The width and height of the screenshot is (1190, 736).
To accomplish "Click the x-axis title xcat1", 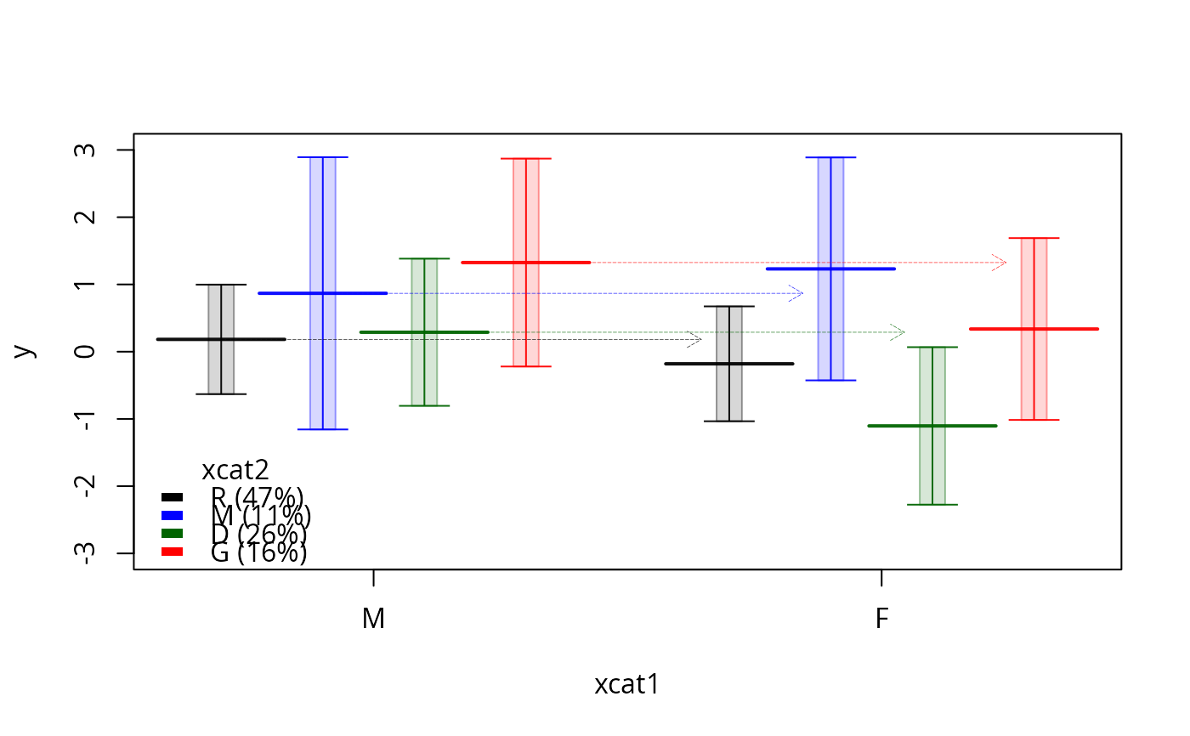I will pos(626,685).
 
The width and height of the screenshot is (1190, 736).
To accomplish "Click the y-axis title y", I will pos(25,350).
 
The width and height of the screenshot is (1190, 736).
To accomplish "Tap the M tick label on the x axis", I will pos(373,620).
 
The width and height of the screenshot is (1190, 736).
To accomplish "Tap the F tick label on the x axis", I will pos(881,620).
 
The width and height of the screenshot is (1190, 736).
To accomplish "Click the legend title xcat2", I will pos(235,470).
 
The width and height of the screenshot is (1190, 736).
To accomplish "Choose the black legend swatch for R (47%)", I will pos(173,497).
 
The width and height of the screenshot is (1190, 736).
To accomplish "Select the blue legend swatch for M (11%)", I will pos(173,515).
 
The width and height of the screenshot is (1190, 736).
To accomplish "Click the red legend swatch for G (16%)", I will pos(173,552).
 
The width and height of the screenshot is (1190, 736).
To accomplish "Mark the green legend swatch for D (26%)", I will pos(173,533).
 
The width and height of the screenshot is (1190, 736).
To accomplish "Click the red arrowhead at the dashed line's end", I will pos(1002,263).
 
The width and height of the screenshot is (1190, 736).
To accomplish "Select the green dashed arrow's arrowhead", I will pos(900,332).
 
